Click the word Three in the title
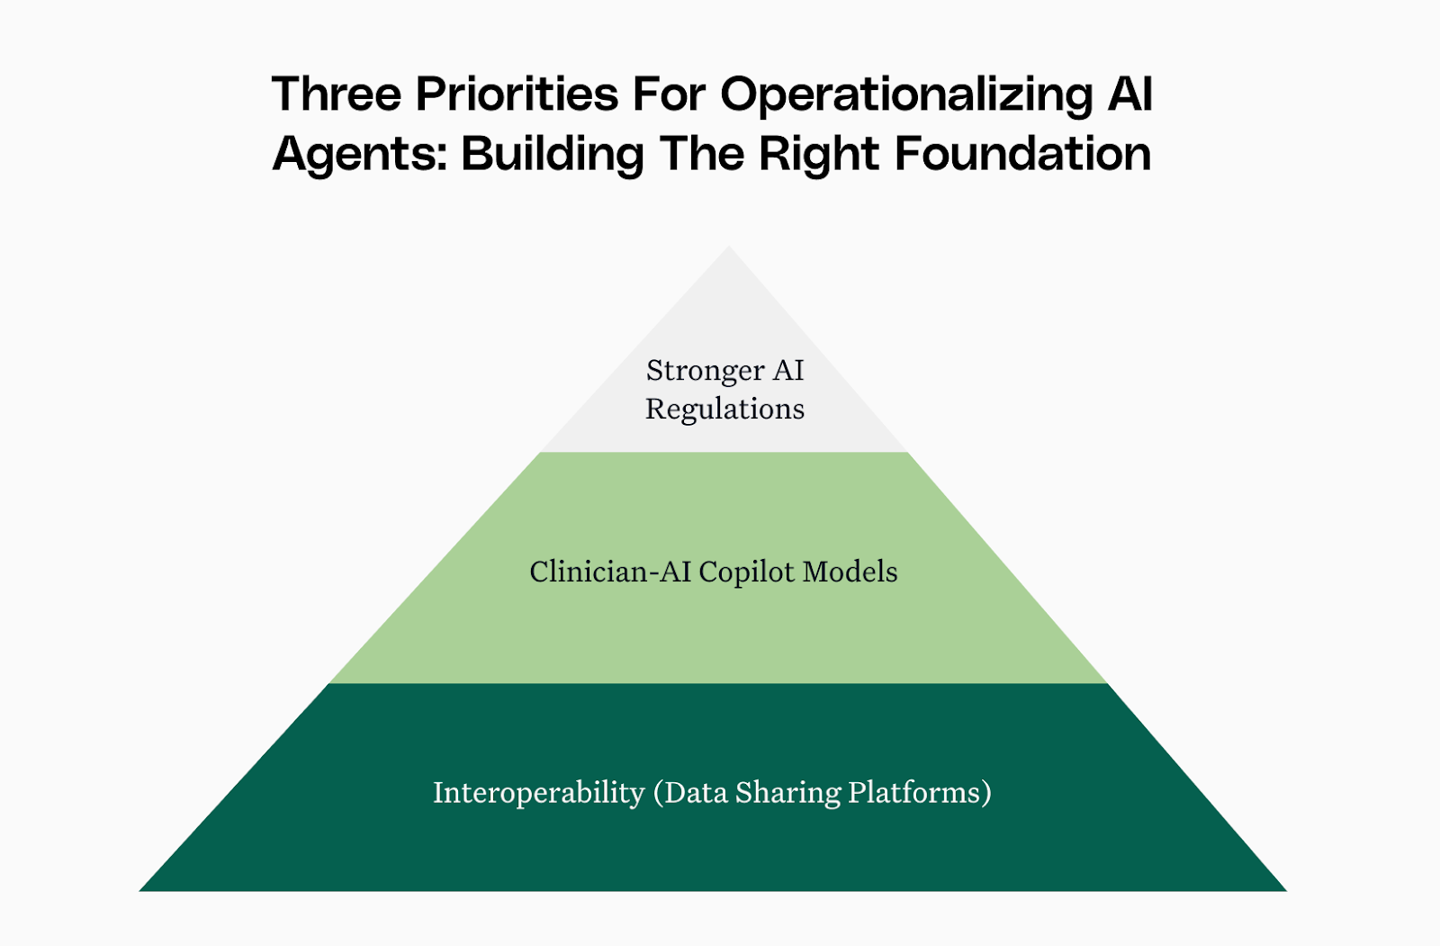[337, 94]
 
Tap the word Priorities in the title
[517, 94]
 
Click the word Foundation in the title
[1022, 153]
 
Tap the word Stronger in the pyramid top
[706, 371]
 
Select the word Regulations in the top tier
[724, 410]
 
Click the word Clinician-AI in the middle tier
[610, 572]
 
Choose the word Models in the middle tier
[850, 572]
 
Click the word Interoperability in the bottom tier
[538, 792]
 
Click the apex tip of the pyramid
[729, 249]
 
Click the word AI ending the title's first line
[1130, 94]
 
